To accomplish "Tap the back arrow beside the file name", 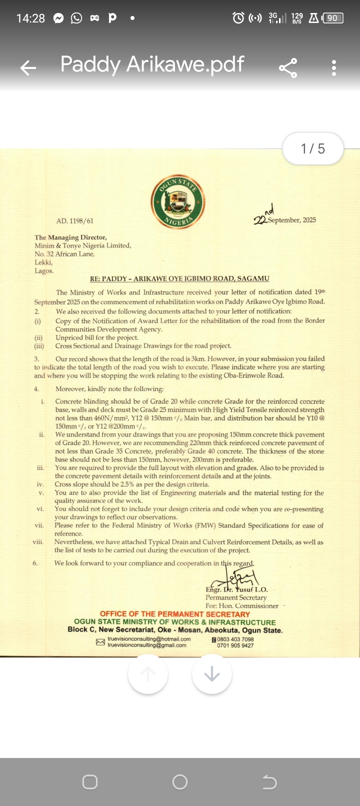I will (x=28, y=67).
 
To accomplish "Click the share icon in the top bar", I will (x=287, y=67).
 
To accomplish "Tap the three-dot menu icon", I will (x=334, y=67).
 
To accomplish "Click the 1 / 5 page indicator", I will (x=313, y=148).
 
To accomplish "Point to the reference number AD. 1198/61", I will (x=75, y=220).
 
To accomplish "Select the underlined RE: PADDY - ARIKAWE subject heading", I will (x=179, y=278).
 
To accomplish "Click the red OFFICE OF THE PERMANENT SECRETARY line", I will (x=175, y=614).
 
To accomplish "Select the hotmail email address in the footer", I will (x=149, y=639).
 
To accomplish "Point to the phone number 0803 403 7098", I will (x=235, y=639).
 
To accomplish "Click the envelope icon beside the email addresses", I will (x=100, y=642).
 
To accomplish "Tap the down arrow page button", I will (x=212, y=674).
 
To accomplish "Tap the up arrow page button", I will (x=148, y=674).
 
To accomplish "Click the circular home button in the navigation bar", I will (x=180, y=782).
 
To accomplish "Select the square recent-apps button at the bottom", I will (x=90, y=782).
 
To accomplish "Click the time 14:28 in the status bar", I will (x=30, y=18).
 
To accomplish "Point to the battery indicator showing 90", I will (x=333, y=18).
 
